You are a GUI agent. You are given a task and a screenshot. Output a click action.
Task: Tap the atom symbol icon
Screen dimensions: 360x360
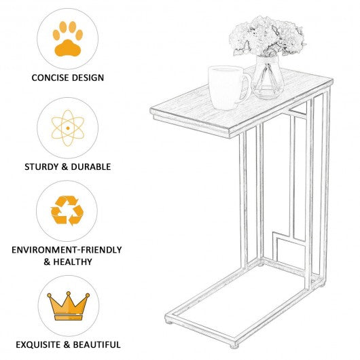[x=68, y=128]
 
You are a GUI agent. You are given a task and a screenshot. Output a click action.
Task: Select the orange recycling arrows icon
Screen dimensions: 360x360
[x=67, y=211]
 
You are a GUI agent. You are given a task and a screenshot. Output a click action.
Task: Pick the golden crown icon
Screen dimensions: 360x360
[x=69, y=306]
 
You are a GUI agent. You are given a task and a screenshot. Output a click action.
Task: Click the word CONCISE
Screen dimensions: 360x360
[x=50, y=77]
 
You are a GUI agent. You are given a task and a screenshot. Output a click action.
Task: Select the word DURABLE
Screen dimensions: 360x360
[x=91, y=166]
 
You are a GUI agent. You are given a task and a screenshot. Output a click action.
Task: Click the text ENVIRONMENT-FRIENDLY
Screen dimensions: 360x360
[x=67, y=250]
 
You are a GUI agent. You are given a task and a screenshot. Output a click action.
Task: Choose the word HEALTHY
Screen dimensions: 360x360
[x=73, y=262]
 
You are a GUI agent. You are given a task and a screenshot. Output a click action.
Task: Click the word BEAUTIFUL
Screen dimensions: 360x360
[x=96, y=344]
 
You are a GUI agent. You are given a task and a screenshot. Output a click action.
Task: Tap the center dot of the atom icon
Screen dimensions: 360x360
[x=68, y=128]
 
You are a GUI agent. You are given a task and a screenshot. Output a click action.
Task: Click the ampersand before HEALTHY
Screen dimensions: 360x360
[x=47, y=262]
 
